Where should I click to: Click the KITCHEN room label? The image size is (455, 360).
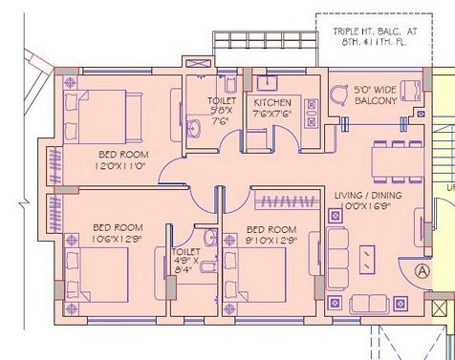point(271,103)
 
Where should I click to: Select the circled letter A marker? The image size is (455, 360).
point(421,270)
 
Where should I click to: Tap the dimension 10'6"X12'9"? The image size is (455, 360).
point(117,238)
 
